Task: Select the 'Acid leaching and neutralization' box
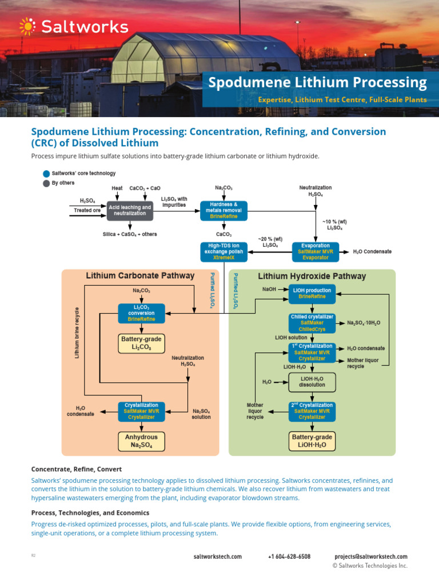point(130,210)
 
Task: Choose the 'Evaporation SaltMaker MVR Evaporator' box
point(315,251)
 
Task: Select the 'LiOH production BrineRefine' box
point(312,293)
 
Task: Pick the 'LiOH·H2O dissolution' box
point(312,381)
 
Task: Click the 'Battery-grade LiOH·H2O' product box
point(312,440)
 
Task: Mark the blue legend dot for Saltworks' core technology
point(46,174)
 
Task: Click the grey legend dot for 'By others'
point(46,183)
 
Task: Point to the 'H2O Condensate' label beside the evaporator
point(372,251)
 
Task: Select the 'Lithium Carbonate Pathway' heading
point(140,276)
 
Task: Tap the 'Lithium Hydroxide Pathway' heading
point(312,276)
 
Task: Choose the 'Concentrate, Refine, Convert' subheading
point(76,469)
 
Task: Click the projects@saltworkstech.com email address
point(370,556)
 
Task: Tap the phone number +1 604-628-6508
point(289,556)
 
